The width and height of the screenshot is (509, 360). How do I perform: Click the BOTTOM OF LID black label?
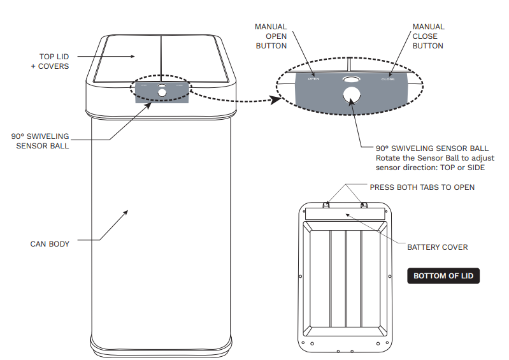(443, 276)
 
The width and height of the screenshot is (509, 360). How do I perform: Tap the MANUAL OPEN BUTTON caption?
(271, 36)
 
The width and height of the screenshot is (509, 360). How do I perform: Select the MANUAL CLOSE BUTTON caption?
(428, 36)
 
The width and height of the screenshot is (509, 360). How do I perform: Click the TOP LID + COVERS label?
(50, 61)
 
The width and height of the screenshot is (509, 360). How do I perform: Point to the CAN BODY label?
(50, 244)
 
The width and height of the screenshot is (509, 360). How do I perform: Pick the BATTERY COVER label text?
(437, 247)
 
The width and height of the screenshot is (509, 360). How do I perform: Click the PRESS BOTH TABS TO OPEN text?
(422, 187)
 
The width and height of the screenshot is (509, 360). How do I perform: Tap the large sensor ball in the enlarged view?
(350, 96)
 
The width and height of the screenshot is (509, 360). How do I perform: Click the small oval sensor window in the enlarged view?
(350, 79)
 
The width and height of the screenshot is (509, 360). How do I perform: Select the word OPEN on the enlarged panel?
(313, 80)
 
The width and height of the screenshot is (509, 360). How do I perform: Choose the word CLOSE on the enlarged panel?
(388, 80)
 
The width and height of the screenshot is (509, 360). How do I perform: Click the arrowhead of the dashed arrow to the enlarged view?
(276, 99)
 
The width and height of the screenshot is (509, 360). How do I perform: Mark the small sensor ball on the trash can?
(162, 93)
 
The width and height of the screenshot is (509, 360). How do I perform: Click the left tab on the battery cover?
(326, 205)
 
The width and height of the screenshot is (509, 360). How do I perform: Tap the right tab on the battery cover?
(365, 205)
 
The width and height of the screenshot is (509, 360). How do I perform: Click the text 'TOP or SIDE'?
(466, 168)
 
